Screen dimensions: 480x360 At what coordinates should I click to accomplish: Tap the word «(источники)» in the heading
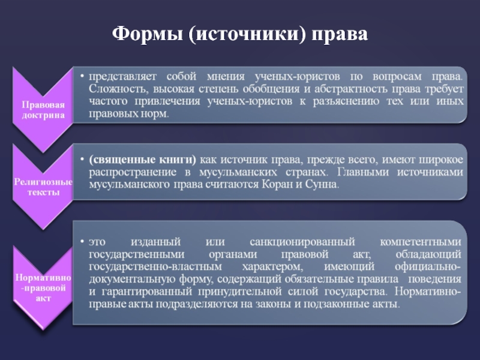247,34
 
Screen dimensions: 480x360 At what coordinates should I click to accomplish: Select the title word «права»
340,35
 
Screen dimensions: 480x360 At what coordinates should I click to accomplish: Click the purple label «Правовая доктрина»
43,110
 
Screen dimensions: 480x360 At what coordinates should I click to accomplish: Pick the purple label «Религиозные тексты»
43,187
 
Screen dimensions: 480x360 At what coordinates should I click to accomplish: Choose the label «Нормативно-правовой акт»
43,288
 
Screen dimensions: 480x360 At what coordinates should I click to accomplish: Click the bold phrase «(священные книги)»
142,160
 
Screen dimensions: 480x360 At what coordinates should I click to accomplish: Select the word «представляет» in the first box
122,77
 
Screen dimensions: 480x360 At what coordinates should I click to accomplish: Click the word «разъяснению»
346,101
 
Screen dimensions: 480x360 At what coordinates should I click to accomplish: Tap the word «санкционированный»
302,242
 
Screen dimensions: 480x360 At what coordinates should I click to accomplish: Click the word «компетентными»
421,242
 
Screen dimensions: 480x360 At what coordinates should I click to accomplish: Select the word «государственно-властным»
155,266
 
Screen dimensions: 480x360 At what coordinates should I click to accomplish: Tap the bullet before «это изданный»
82,242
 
